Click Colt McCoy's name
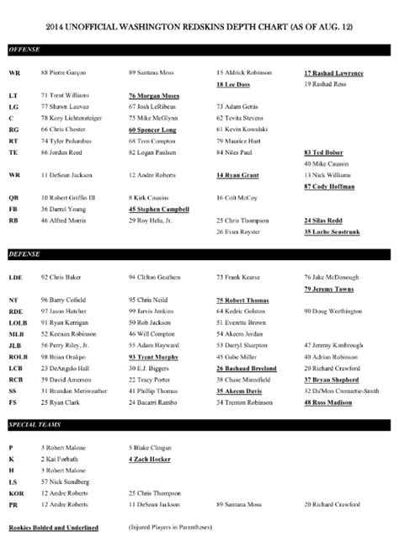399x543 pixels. pyautogui.click(x=237, y=194)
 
